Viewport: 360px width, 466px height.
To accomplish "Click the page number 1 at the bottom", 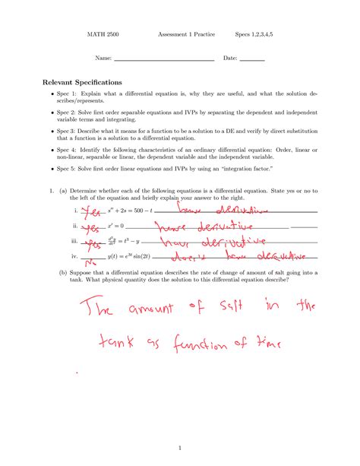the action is click(178, 448).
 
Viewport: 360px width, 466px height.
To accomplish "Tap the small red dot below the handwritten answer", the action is click(77, 372).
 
